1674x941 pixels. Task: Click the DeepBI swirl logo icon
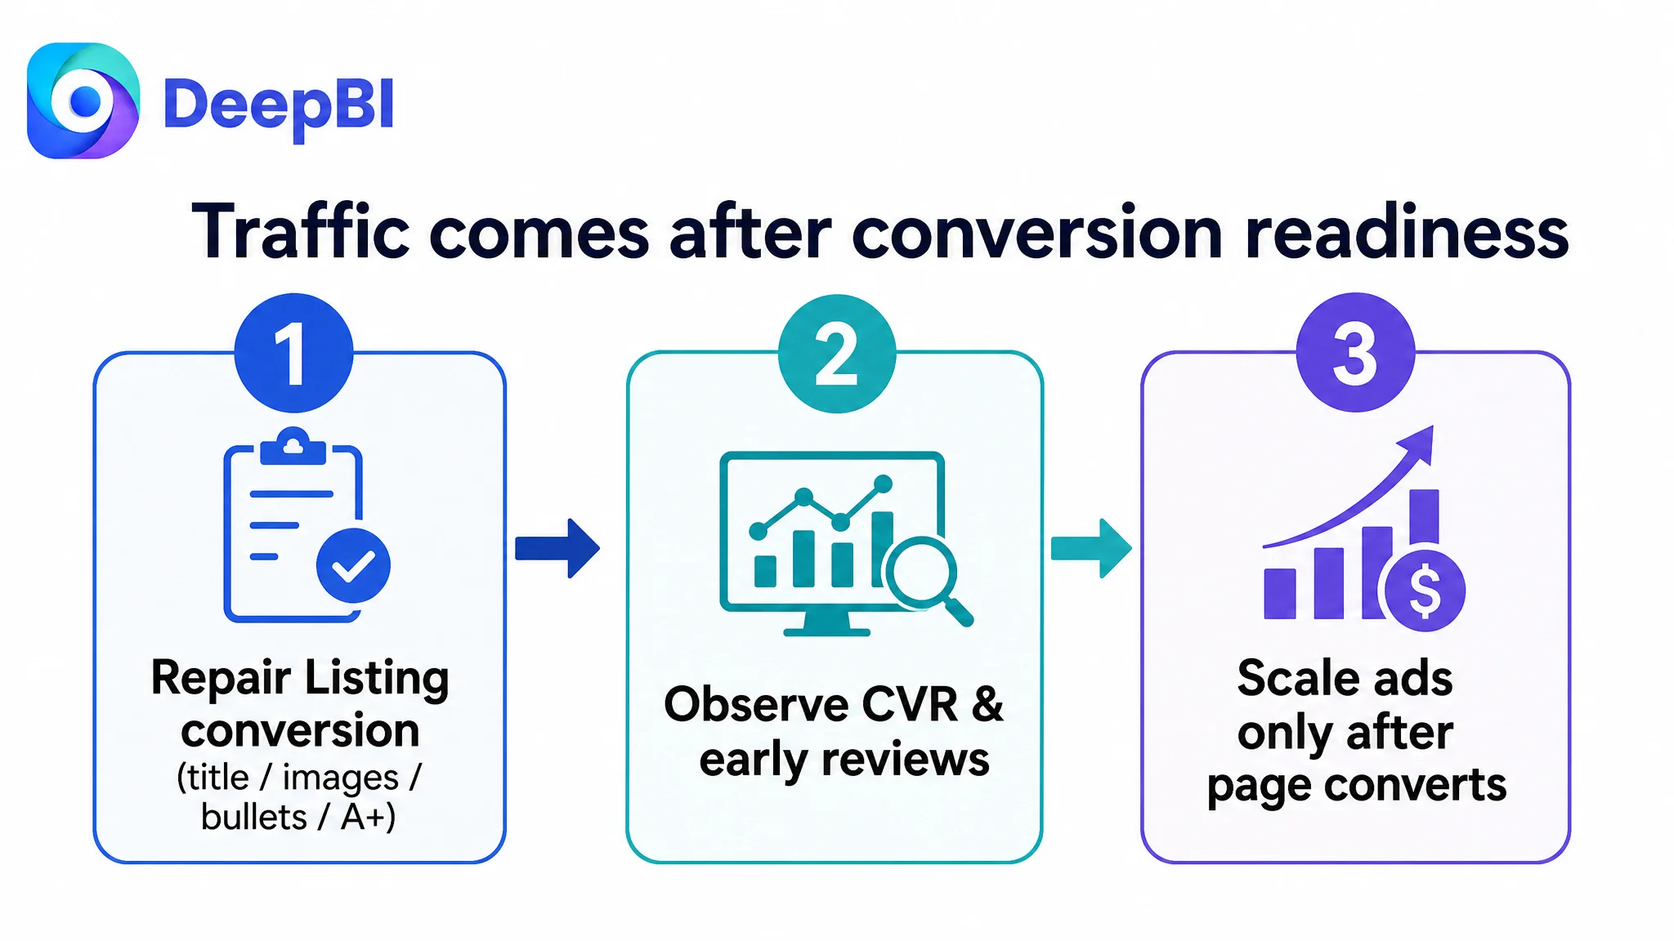(83, 100)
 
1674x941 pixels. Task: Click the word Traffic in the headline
(300, 232)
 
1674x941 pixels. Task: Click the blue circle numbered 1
(293, 353)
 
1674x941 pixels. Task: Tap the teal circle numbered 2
(837, 354)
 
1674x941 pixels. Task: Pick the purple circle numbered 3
(1355, 352)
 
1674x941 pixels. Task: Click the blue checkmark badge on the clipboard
(353, 565)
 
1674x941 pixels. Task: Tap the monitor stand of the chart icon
(826, 622)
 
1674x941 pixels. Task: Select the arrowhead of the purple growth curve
(1417, 444)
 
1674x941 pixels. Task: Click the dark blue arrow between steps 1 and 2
(557, 548)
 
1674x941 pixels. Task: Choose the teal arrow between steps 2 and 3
(1091, 548)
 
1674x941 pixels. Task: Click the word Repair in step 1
(221, 679)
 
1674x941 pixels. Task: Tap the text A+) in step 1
(368, 817)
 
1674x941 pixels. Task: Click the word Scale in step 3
(1286, 678)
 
